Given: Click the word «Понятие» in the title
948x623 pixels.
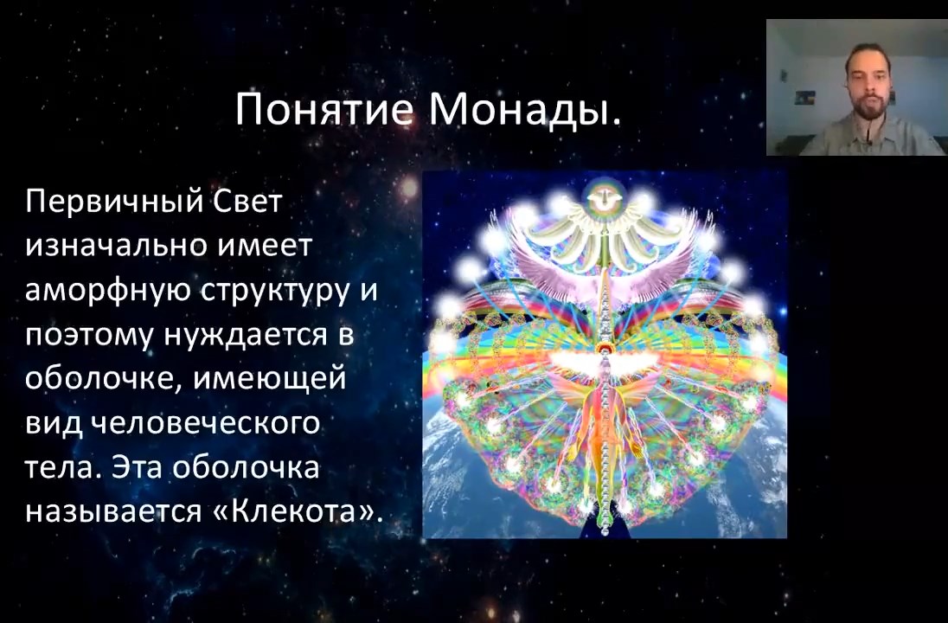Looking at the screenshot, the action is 324,109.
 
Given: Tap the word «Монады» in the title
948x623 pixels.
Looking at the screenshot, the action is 525,110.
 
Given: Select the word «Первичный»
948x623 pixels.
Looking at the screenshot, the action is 113,202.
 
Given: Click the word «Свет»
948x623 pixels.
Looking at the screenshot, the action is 247,201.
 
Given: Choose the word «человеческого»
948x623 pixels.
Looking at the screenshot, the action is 205,423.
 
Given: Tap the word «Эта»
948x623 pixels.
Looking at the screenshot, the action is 138,467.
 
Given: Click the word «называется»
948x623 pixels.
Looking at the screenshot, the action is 114,512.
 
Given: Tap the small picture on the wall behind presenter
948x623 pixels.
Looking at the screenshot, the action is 804,98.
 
